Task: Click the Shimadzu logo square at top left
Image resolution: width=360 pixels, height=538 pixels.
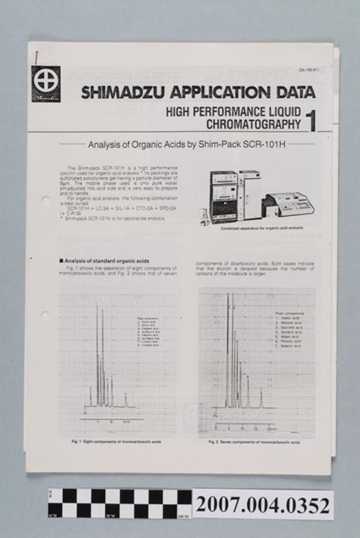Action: point(46,84)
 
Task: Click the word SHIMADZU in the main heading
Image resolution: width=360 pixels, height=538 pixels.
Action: point(122,93)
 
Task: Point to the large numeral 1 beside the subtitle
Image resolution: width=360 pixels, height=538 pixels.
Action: point(311,119)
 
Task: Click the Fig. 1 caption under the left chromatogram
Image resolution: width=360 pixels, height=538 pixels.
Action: point(116,441)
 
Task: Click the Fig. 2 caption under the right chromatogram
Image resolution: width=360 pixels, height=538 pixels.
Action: point(254,442)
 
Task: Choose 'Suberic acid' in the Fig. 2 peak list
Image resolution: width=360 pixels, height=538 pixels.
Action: point(289,346)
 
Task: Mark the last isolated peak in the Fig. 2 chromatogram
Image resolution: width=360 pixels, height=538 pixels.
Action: point(261,397)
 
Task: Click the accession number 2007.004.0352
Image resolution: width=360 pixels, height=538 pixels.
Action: point(263,506)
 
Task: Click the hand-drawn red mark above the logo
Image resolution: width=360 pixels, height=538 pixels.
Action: point(35,57)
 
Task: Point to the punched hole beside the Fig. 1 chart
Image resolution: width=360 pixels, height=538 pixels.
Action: point(44,315)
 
